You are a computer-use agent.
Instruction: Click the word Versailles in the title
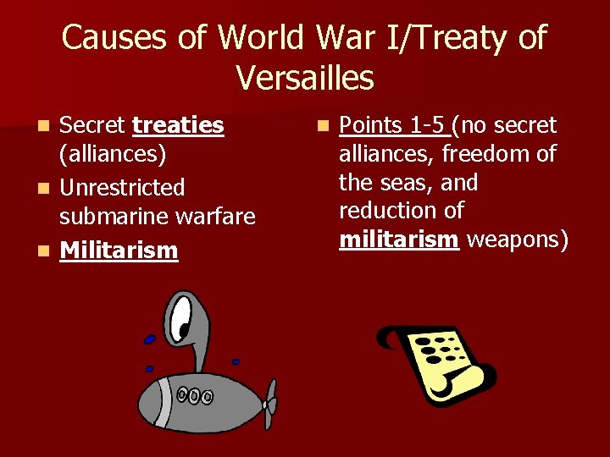tap(305, 78)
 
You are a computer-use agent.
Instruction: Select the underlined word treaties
tap(178, 126)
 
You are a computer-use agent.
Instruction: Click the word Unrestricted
tap(122, 186)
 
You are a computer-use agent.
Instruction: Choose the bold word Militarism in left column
tap(119, 250)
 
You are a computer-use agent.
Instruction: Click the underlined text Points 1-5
tap(393, 126)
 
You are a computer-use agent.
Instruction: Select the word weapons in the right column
tap(517, 240)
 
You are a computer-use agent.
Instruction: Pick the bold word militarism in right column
tap(398, 240)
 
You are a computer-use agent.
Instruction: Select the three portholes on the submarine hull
tap(195, 395)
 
